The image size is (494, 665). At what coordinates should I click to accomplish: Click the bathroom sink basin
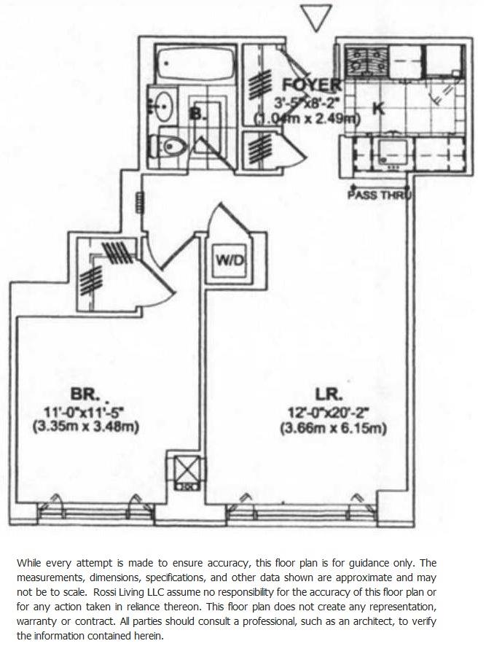click(165, 106)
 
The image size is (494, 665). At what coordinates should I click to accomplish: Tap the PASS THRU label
click(380, 195)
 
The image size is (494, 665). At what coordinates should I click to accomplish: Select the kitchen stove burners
click(360, 58)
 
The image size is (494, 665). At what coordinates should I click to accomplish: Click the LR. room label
click(330, 394)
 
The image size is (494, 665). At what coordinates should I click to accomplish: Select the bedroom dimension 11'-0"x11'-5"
click(85, 412)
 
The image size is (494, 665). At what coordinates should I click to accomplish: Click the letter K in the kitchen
click(378, 109)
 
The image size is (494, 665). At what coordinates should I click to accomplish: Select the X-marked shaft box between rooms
click(187, 464)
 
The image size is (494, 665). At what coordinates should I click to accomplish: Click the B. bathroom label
click(196, 114)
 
